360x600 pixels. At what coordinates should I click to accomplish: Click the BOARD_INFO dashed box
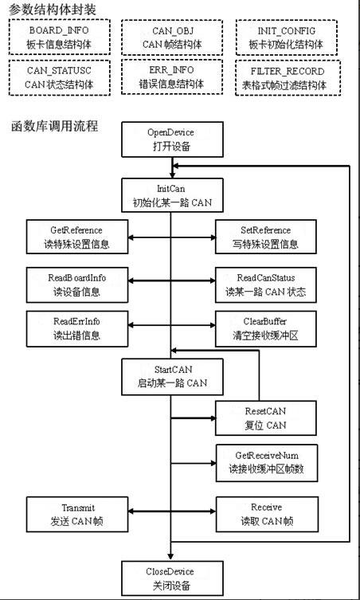(x=59, y=37)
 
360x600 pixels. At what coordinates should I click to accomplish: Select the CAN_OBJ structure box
(x=172, y=37)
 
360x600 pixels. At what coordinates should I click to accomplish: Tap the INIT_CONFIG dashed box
(x=286, y=37)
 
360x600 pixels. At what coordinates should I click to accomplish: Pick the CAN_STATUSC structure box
(x=59, y=77)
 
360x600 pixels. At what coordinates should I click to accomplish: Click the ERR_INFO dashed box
(x=172, y=76)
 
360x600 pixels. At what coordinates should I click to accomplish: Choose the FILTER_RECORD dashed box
(x=288, y=77)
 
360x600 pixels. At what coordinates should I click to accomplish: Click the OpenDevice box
(x=172, y=139)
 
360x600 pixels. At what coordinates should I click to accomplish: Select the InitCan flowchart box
(x=172, y=195)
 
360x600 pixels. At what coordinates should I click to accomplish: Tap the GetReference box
(x=77, y=237)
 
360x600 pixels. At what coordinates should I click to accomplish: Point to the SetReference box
(x=266, y=237)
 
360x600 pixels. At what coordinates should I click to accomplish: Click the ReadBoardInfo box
(x=77, y=285)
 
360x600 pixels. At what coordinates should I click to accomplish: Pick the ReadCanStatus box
(x=266, y=285)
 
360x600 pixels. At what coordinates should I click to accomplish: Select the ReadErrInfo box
(x=77, y=329)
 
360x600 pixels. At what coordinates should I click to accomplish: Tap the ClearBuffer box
(x=266, y=329)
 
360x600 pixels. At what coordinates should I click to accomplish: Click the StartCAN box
(x=172, y=377)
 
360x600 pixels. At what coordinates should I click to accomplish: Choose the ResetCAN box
(x=266, y=418)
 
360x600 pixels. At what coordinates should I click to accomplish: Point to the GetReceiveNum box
(x=267, y=463)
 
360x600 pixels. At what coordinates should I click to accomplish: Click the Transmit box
(x=77, y=514)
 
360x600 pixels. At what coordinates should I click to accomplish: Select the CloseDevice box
(x=172, y=578)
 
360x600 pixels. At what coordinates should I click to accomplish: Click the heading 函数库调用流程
(x=54, y=126)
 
